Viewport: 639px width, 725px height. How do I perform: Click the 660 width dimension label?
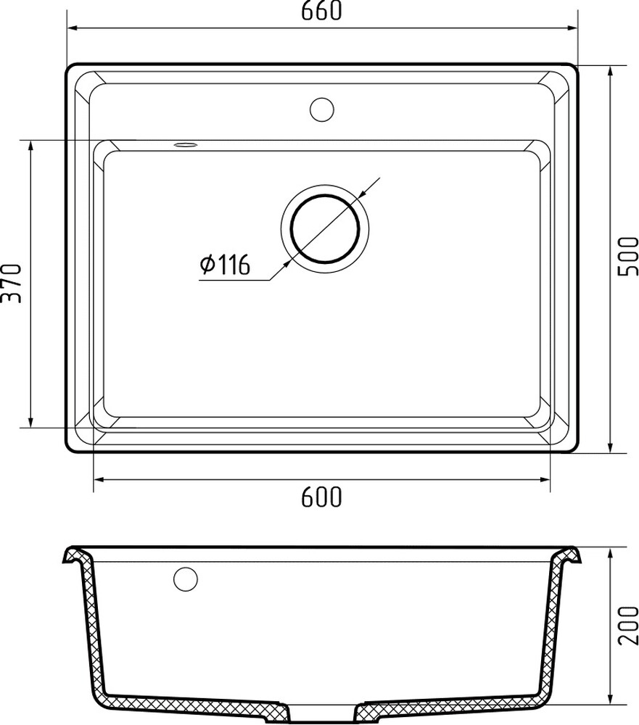pyautogui.click(x=321, y=11)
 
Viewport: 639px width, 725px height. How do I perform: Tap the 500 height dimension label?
pyautogui.click(x=628, y=257)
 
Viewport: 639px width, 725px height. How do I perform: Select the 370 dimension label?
pyautogui.click(x=12, y=283)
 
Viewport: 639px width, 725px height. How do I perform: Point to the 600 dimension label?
pyautogui.click(x=321, y=497)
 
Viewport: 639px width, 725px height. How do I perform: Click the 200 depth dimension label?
pyautogui.click(x=628, y=625)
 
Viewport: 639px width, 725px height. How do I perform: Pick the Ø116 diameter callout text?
pyautogui.click(x=225, y=265)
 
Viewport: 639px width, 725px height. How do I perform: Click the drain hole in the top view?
pyautogui.click(x=325, y=228)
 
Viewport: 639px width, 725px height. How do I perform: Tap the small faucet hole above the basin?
pyautogui.click(x=321, y=109)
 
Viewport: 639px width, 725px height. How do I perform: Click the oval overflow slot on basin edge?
pyautogui.click(x=186, y=145)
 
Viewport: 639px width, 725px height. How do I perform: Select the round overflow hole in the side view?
pyautogui.click(x=186, y=579)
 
